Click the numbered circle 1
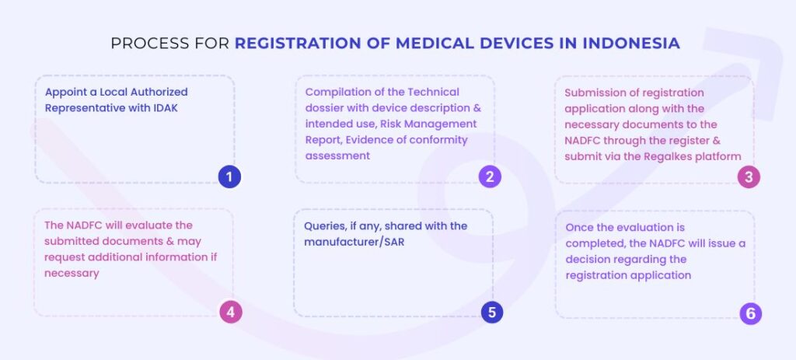click(229, 177)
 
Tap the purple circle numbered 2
click(490, 177)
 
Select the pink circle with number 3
click(749, 177)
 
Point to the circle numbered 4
click(230, 313)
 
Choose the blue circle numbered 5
click(491, 313)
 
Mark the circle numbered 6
click(750, 313)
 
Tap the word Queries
click(326, 225)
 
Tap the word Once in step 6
click(579, 227)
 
